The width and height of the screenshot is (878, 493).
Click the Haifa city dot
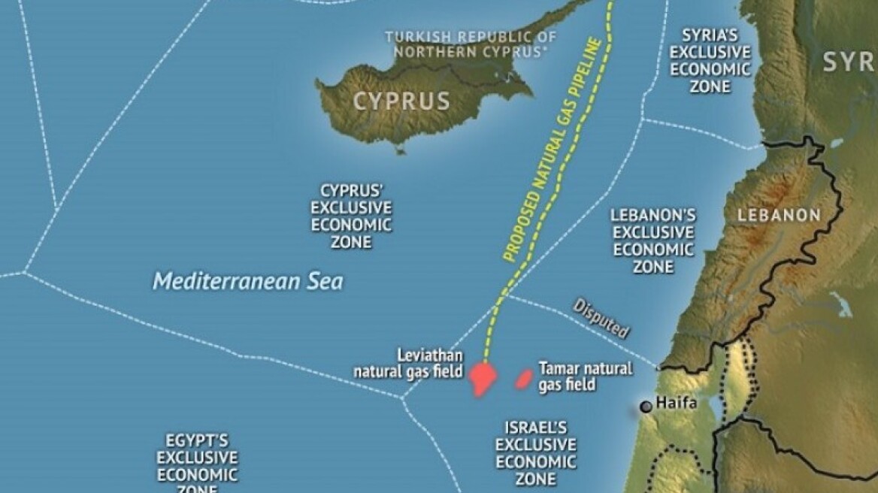645,407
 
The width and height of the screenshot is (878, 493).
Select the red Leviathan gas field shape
481,378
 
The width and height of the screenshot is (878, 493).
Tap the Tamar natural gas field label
585,377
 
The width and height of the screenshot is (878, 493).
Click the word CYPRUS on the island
401,101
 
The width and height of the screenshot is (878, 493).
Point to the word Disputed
601,319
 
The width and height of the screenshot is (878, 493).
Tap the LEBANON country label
779,216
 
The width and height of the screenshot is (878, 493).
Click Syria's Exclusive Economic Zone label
710,61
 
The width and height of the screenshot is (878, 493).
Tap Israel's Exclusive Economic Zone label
535,453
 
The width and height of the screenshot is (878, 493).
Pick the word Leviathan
429,355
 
